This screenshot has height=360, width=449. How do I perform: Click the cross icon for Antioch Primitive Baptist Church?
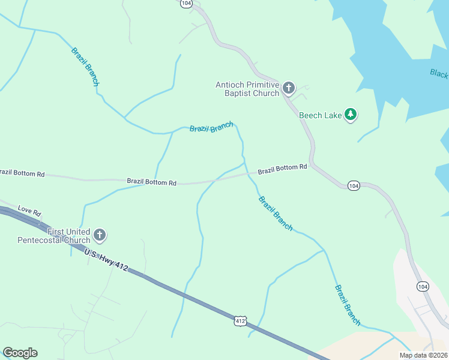[289, 89]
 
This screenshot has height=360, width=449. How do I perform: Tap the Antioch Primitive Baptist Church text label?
[247, 89]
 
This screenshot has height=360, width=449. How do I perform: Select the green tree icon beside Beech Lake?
[351, 115]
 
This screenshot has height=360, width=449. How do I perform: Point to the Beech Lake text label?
[321, 115]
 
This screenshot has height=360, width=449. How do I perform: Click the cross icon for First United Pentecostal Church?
[100, 235]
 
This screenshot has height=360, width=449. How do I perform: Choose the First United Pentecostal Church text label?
[53, 236]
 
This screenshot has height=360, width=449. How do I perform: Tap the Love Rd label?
[29, 211]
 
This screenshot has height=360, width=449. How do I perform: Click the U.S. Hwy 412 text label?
[106, 260]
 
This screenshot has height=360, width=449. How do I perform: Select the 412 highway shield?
[240, 322]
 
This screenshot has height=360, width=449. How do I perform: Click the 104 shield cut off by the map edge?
[186, 3]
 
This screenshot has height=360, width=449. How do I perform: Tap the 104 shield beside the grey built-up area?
[423, 286]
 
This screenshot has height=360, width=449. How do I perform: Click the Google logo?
[20, 353]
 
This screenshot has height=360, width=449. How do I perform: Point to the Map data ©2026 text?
[423, 355]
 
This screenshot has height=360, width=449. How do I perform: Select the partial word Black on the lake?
[439, 73]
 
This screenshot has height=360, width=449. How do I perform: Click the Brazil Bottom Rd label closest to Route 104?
[282, 169]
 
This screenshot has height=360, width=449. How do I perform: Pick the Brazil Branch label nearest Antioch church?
[211, 128]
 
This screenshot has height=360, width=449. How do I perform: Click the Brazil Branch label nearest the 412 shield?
[276, 213]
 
